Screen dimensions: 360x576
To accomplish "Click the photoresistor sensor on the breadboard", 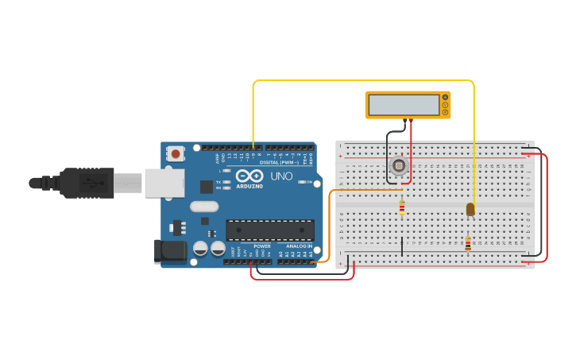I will coord(399,166).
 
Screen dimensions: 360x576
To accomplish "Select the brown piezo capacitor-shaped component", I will coord(470,209).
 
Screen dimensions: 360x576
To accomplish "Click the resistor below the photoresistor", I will coord(402,207).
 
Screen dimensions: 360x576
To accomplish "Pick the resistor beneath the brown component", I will coord(468,244).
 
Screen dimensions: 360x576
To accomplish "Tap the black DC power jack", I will coord(170,251).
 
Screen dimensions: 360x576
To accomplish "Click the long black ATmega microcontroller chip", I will coord(269,230).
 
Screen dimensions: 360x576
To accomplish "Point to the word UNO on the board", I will coord(282,176).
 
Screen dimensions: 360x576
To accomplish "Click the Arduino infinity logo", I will coord(249,176).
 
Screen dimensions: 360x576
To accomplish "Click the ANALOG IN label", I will coord(299,246).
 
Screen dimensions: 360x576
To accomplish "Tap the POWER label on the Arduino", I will coord(261,246).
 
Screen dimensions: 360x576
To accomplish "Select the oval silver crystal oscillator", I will coord(203,207).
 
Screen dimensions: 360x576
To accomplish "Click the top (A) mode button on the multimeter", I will coord(446,98).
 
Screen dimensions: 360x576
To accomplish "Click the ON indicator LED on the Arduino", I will coord(301,182).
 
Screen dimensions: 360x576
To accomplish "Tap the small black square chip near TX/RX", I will coord(207,187).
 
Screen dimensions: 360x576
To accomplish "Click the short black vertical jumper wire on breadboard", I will coord(402,246).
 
